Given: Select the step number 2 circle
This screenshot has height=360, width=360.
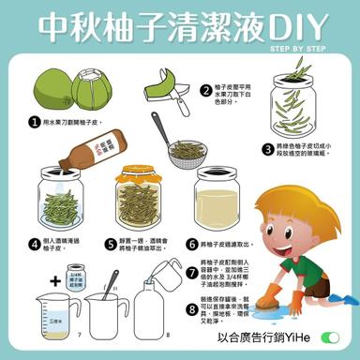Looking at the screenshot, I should coord(204,90).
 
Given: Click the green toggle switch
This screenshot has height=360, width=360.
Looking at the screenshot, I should coord(329,337).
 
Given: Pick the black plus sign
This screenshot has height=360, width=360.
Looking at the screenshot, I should coord(54,279).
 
